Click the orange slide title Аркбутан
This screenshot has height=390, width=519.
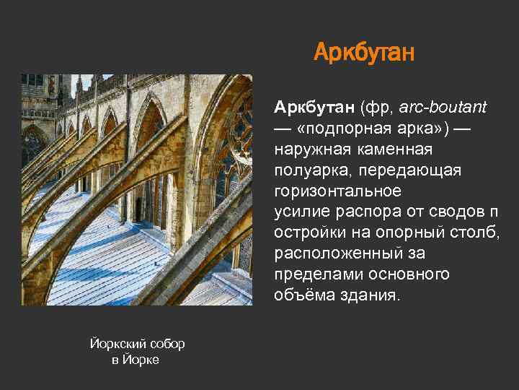click(x=364, y=53)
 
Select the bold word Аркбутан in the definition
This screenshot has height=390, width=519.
click(x=313, y=108)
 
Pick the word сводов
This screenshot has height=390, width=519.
click(x=450, y=212)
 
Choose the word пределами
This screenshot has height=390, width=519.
click(x=317, y=275)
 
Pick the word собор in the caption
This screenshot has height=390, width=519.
click(x=167, y=344)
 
